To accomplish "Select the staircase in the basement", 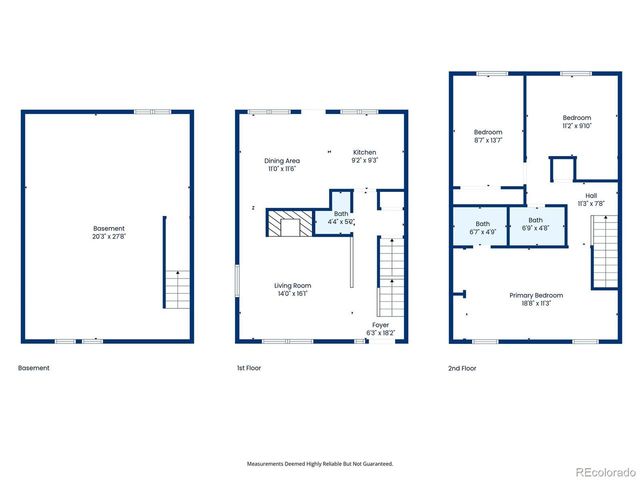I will coord(176,289).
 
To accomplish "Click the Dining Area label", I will coord(282,160).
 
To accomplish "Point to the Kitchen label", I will coord(364,152).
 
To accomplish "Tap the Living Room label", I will coord(294,286).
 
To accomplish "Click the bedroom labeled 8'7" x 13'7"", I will coord(488,136).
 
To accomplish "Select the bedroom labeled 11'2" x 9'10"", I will coord(576,121).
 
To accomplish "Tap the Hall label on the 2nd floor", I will coord(591,196).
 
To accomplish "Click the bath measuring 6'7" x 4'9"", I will coord(483,227).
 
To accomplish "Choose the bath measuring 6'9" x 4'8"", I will coord(536,224).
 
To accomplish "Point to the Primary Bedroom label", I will coord(536,295).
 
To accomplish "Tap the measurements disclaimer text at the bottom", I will coord(320,464).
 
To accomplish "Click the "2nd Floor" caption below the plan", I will coord(462,368).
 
